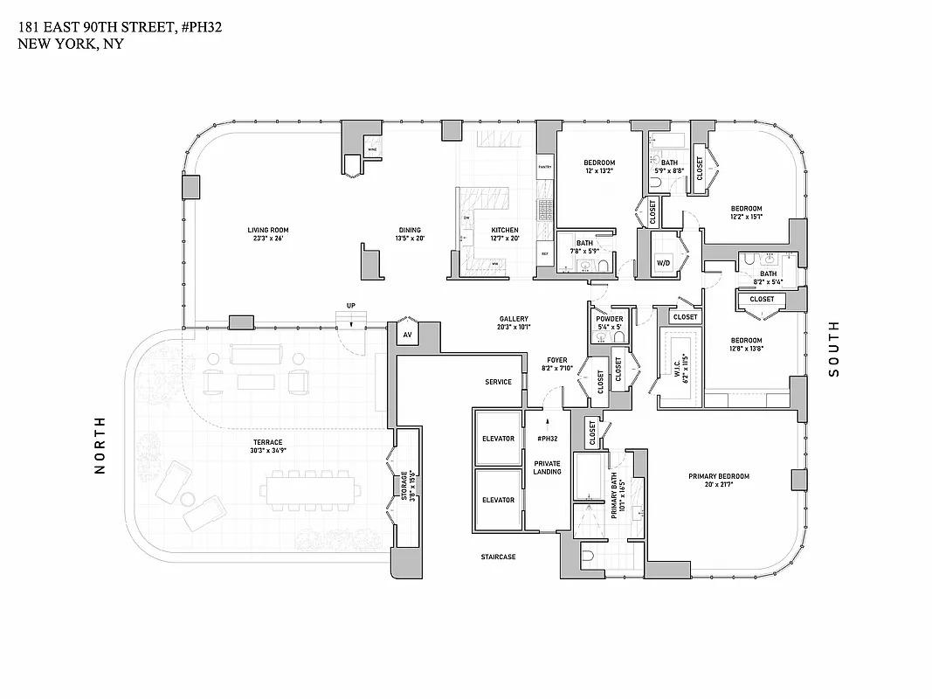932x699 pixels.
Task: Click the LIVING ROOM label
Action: pos(267,231)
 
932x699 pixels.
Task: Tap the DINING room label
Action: pos(409,231)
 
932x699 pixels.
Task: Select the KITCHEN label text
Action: pos(505,231)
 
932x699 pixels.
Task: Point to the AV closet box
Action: pos(407,335)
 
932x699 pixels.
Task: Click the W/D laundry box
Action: pos(664,262)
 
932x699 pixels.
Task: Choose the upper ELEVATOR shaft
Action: pos(498,439)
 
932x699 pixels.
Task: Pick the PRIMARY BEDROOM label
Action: pos(719,476)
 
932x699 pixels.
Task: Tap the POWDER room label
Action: pos(610,319)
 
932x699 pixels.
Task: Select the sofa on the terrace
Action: pos(255,354)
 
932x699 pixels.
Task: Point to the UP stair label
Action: pos(351,306)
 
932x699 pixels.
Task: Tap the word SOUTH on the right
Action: pos(833,349)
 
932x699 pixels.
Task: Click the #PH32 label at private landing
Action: pos(549,439)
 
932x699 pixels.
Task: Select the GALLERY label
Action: pos(514,319)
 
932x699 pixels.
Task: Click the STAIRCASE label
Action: pos(498,557)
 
